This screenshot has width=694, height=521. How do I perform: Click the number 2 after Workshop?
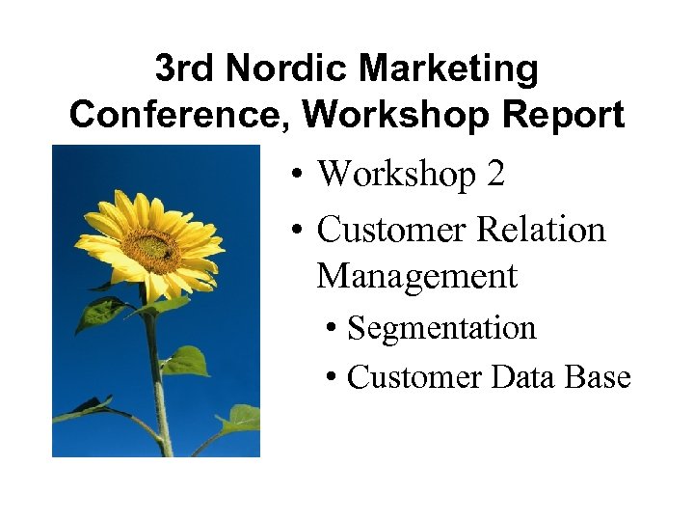tap(495, 175)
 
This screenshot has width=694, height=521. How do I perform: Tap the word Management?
tap(416, 277)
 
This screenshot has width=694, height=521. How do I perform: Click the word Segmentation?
tap(441, 328)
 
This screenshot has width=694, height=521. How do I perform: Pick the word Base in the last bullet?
tap(600, 377)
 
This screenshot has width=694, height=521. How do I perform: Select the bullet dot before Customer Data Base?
tap(331, 378)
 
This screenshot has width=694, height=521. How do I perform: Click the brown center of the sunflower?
tap(150, 250)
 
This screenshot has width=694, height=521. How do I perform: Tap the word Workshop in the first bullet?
tap(396, 175)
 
